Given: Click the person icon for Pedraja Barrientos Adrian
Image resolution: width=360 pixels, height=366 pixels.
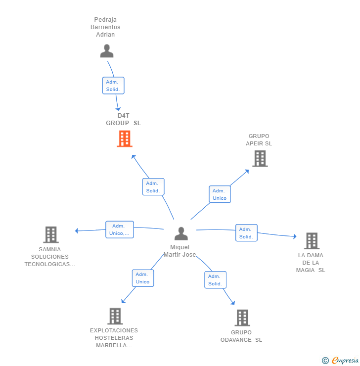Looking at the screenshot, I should point(106,51).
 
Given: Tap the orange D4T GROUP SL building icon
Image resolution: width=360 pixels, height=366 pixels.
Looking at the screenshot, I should point(124,139).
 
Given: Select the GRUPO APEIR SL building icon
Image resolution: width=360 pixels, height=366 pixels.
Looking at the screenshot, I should point(260,158).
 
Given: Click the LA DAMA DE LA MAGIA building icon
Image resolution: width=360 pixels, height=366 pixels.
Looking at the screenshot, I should point(312,241).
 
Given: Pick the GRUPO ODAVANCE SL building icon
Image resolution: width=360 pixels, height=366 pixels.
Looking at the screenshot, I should point(242,318).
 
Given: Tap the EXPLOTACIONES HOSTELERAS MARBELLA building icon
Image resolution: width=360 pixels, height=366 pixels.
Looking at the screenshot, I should point(115,316).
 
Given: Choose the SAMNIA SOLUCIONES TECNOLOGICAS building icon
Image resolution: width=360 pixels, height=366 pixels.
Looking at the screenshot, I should point(50,234).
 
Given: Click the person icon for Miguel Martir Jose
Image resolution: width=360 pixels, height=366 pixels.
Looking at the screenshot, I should point(181,233).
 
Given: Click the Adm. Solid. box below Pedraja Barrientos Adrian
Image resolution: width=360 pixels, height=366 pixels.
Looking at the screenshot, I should point(113,86).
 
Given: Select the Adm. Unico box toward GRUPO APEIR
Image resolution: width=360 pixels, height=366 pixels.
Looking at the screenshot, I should point(220,194).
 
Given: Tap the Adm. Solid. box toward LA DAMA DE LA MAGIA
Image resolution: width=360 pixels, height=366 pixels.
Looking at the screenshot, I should point(246,233).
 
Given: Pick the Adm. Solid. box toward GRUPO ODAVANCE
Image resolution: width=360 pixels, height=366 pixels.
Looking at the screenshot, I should point(215,280).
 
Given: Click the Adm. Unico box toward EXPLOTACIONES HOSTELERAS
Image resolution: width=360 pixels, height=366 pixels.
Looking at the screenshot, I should point(142,278).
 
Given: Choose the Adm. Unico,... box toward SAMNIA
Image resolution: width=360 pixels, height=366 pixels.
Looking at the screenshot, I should point(119,229).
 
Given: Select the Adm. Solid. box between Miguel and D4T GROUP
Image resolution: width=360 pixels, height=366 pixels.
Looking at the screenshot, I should point(153,187).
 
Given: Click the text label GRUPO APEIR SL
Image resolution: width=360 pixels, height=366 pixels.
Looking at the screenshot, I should point(259,140).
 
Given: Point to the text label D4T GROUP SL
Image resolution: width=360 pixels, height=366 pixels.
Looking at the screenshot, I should point(123,119).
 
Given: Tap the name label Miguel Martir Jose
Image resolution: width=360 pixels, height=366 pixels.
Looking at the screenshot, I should point(180,251).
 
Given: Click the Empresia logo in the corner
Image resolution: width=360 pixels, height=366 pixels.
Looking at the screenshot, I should point(340,361).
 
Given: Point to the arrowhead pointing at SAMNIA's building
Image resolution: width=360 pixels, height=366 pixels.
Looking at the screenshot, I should point(77,230).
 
